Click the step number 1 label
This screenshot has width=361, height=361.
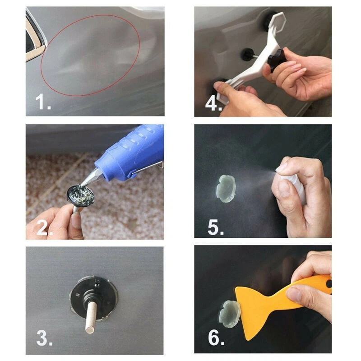[x=43, y=102]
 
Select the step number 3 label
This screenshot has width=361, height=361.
[x=43, y=338]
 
